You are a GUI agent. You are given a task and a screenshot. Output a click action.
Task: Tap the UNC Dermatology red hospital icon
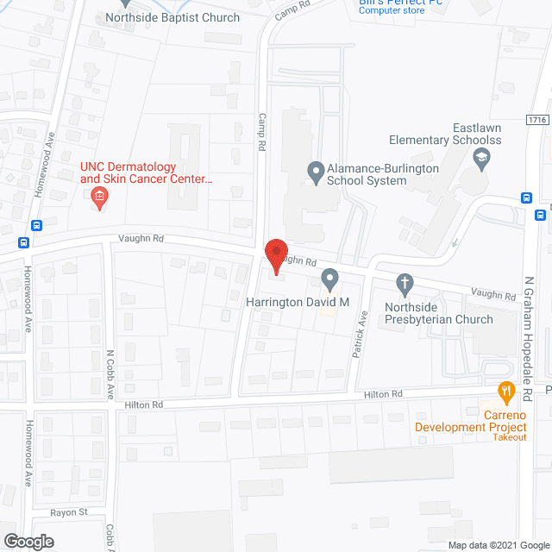[99, 198]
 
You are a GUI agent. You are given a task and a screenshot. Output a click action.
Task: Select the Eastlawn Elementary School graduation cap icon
[481, 158]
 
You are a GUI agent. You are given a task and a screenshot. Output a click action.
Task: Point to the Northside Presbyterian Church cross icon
[405, 282]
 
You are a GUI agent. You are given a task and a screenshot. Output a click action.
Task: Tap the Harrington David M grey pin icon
[329, 279]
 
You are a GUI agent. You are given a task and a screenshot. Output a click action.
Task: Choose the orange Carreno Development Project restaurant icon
[506, 391]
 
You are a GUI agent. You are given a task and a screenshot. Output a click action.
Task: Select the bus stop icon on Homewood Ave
[36, 226]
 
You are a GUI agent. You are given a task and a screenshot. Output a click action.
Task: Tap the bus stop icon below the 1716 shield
[526, 197]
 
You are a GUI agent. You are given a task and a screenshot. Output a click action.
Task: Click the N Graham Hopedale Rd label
[530, 340]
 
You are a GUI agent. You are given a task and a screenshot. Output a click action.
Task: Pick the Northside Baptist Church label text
[172, 17]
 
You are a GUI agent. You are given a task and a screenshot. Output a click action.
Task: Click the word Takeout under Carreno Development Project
[510, 438]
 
